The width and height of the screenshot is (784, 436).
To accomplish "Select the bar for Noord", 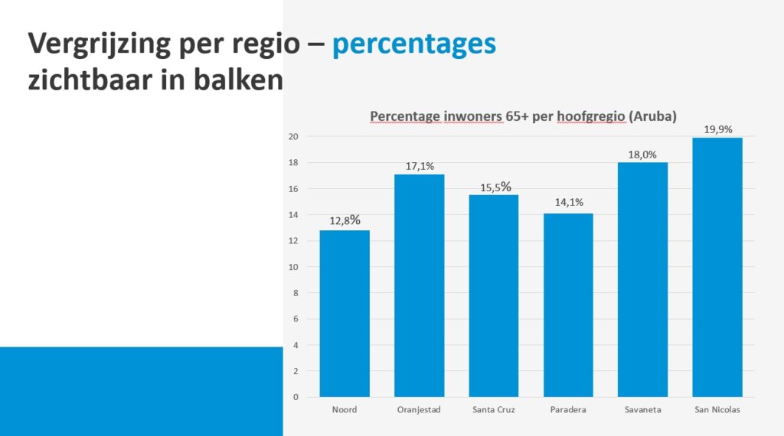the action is click(x=345, y=314).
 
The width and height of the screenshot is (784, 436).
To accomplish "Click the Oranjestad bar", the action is click(x=419, y=285).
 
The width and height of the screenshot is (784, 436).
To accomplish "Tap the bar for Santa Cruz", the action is click(x=494, y=296).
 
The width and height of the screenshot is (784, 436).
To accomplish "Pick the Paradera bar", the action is click(x=568, y=305).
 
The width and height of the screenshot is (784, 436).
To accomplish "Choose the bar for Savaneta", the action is click(x=642, y=280).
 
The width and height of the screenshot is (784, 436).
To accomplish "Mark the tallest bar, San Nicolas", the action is click(x=717, y=267).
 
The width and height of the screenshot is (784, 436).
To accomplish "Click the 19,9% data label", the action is click(x=718, y=130).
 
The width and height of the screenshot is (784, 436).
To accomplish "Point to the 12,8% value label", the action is click(x=345, y=220).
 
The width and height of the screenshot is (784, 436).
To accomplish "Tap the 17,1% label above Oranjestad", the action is click(x=420, y=166).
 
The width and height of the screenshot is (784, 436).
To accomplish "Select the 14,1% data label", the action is click(x=569, y=202).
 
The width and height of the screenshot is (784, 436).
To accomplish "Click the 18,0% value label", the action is click(x=642, y=155).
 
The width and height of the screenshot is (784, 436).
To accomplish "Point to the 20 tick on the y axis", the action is click(x=293, y=136).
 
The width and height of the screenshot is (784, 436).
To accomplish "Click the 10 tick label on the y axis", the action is click(x=293, y=267).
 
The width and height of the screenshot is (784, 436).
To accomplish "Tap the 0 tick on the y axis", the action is click(x=296, y=397).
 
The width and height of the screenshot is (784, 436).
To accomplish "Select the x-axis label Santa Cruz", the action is click(x=494, y=409).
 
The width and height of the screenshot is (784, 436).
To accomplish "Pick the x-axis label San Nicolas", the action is click(x=717, y=409).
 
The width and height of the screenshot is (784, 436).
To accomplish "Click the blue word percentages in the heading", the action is click(x=414, y=45).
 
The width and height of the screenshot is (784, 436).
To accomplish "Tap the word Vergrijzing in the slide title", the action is click(x=100, y=45).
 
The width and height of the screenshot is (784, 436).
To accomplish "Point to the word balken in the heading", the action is click(x=239, y=80).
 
